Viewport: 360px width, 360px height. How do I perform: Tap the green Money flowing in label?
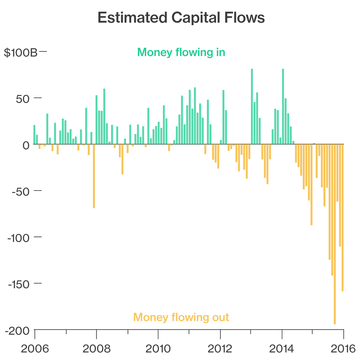(181, 52)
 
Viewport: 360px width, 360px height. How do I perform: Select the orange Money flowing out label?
(181, 317)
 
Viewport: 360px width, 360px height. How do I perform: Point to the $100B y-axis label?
(20, 52)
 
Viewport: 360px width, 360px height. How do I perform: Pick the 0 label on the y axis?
(26, 145)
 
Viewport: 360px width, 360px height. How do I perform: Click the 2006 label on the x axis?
(35, 349)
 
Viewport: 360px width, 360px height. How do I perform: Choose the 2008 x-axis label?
(96, 349)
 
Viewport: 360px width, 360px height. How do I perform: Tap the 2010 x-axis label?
(158, 349)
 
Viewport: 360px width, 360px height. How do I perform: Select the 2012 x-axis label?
(220, 349)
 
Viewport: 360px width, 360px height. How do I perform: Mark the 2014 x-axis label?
(282, 349)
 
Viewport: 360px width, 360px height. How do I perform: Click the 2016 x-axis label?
(343, 349)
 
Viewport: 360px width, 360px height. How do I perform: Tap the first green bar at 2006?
(34, 135)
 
